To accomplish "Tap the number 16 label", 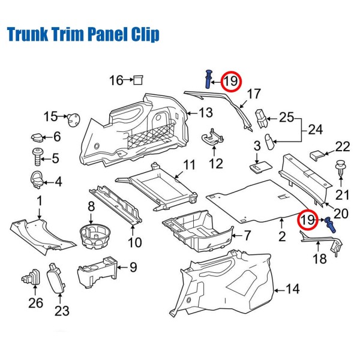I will point(115,80).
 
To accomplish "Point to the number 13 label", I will point(205,112).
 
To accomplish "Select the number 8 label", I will point(91,207).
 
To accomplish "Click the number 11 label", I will point(189,165).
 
